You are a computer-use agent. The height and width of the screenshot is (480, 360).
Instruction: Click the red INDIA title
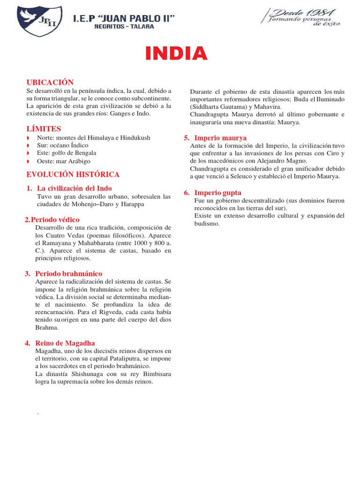click(x=176, y=54)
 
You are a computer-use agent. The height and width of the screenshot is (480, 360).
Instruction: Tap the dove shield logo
click(x=39, y=21)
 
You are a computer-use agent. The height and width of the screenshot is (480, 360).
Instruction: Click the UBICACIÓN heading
click(x=50, y=82)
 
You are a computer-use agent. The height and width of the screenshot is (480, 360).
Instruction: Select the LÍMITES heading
click(x=44, y=128)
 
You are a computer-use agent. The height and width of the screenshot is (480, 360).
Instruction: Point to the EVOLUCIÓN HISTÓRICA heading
click(x=73, y=174)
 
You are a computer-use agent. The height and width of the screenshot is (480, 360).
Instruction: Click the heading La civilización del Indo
click(x=75, y=188)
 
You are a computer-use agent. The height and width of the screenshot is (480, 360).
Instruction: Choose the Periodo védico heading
click(x=55, y=219)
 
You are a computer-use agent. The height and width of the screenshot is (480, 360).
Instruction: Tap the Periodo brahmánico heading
click(x=69, y=273)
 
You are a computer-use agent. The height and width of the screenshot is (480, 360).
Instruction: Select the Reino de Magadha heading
click(x=65, y=343)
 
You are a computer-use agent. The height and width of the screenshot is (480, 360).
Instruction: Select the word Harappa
click(x=132, y=204)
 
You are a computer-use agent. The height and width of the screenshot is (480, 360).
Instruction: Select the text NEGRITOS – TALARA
click(x=124, y=27)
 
